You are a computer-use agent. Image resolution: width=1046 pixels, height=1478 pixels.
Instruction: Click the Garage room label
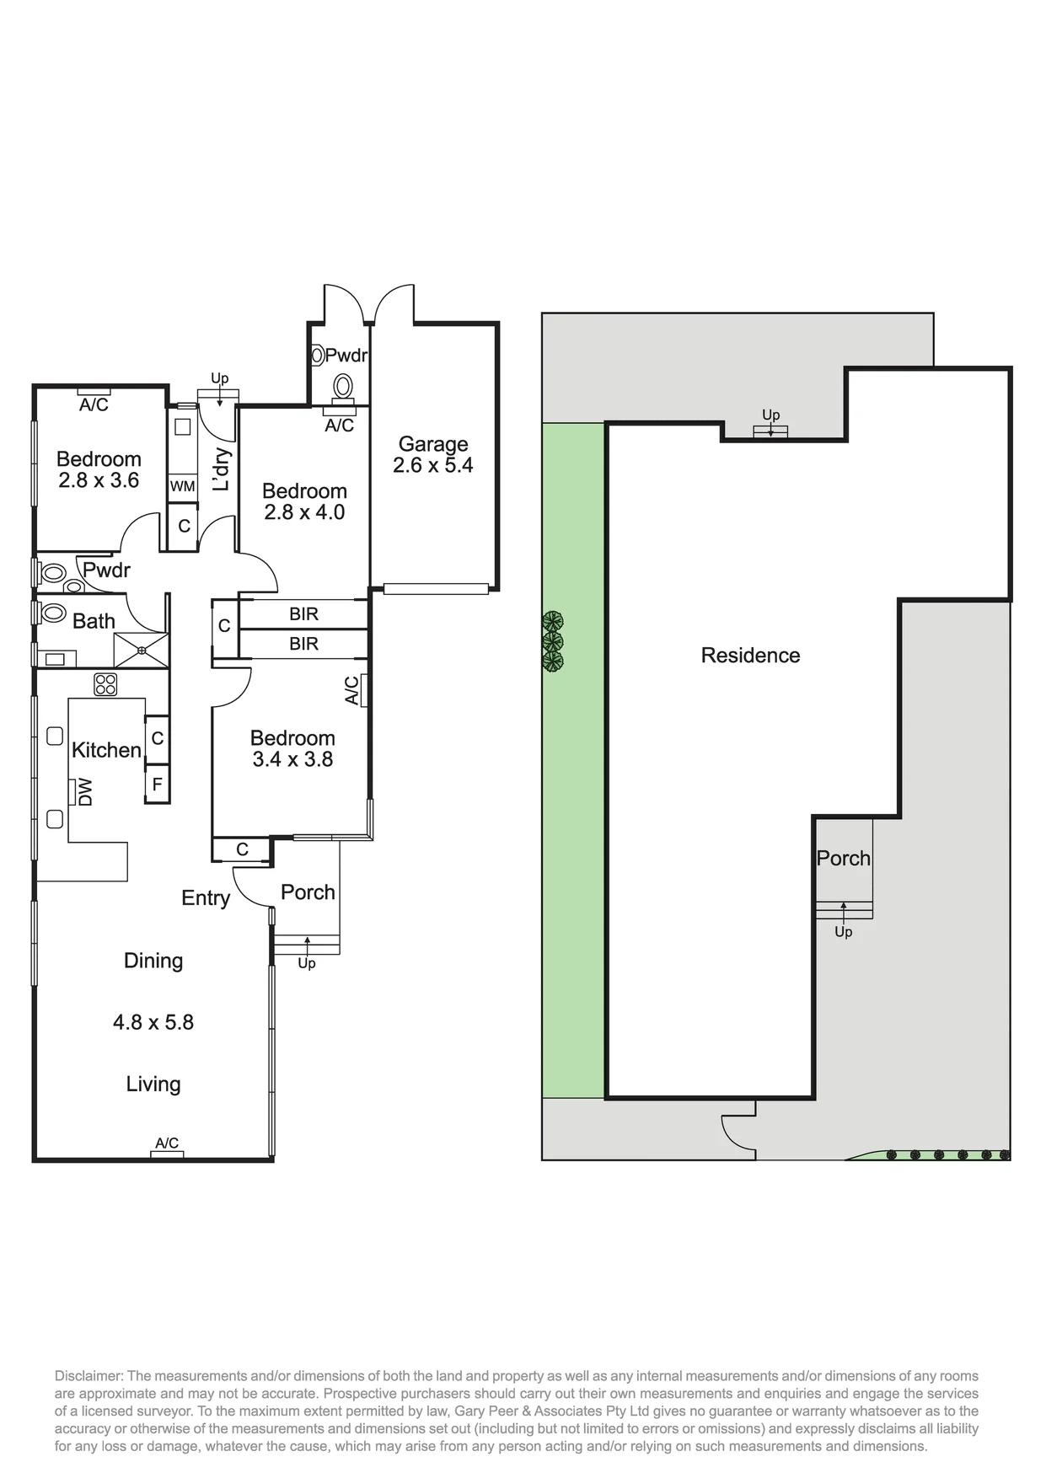[433, 444]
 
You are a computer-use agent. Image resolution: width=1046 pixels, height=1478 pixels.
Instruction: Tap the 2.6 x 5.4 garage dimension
[433, 465]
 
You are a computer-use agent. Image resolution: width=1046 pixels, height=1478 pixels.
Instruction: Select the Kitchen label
[106, 750]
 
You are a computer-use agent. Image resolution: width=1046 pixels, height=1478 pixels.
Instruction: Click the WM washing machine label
[183, 486]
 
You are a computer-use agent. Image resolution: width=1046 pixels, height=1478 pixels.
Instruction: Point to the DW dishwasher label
[85, 792]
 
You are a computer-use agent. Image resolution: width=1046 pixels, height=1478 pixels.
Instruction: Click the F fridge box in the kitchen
[157, 785]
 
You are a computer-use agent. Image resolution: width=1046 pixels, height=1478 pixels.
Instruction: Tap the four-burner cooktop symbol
[105, 684]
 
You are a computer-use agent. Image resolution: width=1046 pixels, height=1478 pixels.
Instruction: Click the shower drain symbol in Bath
[142, 650]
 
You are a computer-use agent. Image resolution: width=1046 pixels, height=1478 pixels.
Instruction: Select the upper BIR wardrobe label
[303, 614]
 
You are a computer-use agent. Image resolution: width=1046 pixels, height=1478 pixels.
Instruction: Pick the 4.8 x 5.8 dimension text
[153, 1022]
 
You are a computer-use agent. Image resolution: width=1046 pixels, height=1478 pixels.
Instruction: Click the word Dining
[153, 961]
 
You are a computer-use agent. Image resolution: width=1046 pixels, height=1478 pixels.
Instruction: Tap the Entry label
[206, 898]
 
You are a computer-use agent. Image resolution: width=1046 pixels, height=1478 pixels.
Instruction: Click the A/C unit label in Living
[167, 1143]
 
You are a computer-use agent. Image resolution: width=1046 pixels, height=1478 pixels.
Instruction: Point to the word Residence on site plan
[750, 656]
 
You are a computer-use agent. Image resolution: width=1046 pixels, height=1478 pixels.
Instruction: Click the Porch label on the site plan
[843, 859]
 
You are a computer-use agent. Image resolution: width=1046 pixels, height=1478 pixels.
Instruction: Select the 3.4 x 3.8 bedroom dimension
[292, 759]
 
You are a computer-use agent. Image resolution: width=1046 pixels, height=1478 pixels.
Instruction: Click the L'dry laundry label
[221, 469]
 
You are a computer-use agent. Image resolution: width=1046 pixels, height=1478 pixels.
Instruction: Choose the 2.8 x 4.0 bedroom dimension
[304, 512]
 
